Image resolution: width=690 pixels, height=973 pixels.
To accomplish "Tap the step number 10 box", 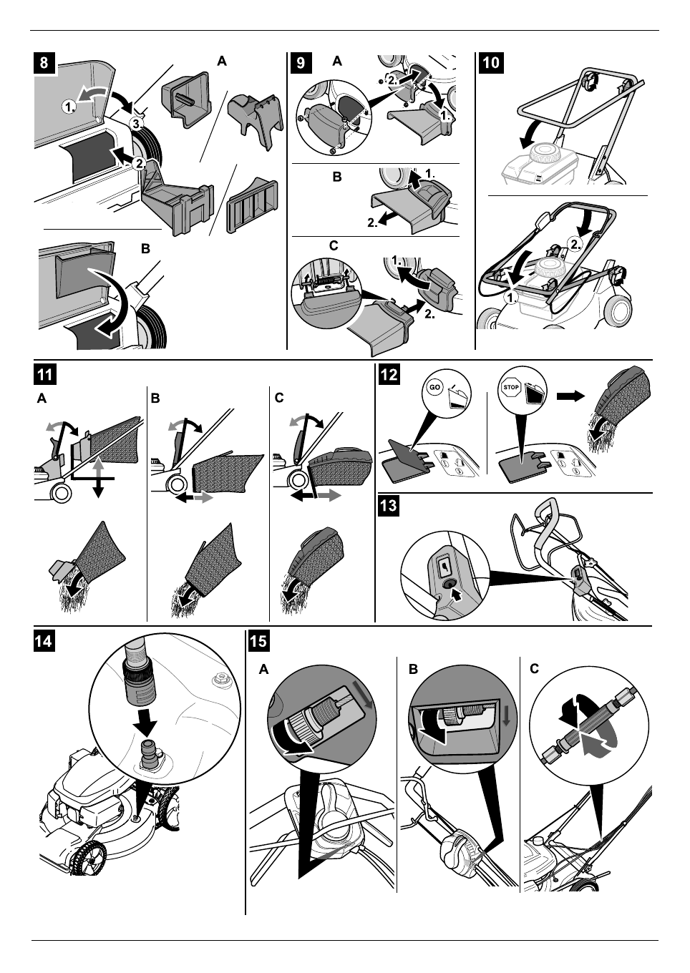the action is (x=490, y=62).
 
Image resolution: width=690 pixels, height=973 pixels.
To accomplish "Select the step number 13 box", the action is (x=389, y=506).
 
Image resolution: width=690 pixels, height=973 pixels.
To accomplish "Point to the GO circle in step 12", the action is (x=435, y=388).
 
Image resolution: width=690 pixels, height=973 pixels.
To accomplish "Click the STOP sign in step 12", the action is (x=511, y=386).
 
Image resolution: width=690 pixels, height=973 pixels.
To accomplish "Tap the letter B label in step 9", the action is (x=336, y=177).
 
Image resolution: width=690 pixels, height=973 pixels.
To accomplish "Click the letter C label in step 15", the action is (x=534, y=670).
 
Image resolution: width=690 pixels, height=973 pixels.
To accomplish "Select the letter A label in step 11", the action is (x=42, y=398).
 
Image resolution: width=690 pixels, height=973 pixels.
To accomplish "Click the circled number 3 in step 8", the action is (x=136, y=124).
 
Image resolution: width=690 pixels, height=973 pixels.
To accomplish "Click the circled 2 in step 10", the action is (x=575, y=245).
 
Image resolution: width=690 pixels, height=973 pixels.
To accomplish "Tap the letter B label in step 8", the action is (x=145, y=249).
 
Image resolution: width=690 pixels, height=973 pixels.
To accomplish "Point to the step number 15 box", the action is (x=258, y=641).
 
